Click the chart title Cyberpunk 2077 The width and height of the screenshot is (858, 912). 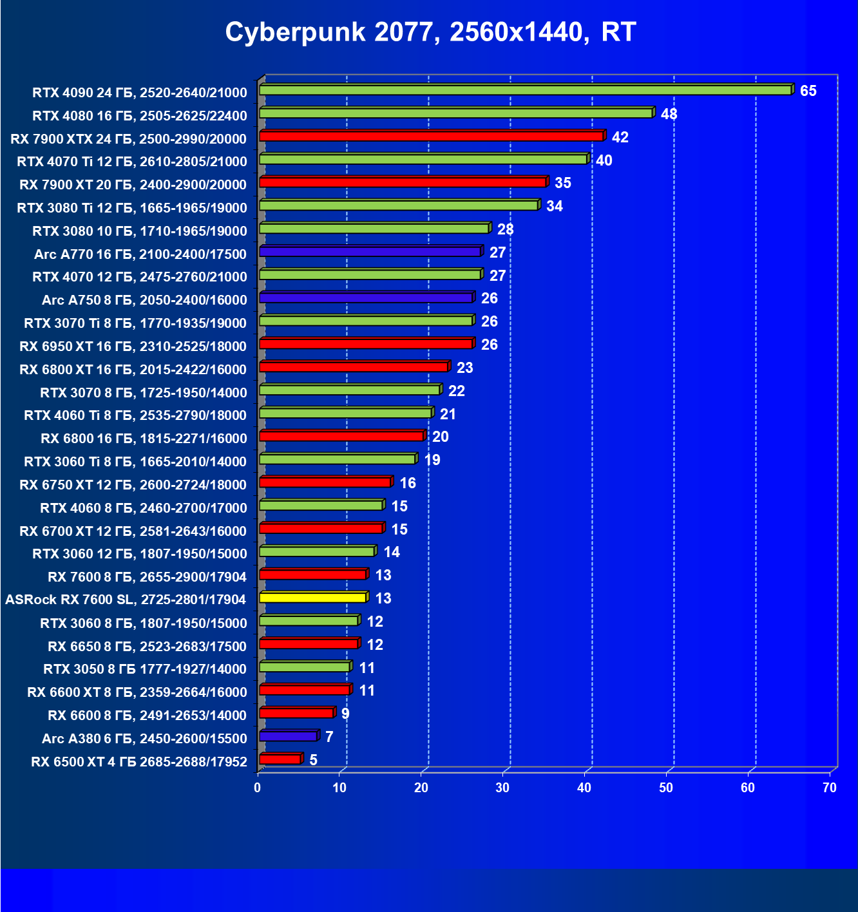pos(430,32)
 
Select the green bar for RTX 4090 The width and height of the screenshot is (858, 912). pos(525,90)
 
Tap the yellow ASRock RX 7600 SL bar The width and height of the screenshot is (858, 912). pos(312,598)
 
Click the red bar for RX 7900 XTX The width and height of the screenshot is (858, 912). pos(431,136)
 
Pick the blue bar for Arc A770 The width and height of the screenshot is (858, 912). pos(370,252)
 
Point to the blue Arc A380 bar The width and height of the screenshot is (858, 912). pos(288,736)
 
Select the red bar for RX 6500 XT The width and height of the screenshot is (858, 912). pos(280,759)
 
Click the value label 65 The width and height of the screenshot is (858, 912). pos(808,91)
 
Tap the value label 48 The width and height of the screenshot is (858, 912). pos(669,114)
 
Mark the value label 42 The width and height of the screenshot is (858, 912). pos(620,137)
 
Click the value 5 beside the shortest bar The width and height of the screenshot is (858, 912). pos(313,760)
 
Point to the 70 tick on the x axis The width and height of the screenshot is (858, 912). pos(830,788)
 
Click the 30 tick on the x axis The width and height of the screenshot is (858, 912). pos(502,788)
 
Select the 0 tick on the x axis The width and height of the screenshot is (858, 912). pos(258,788)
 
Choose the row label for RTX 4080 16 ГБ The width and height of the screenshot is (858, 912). pos(140,116)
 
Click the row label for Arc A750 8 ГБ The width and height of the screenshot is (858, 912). pos(144,300)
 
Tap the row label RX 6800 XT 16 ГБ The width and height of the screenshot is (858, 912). pos(133,370)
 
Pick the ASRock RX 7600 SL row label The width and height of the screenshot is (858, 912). pos(126,600)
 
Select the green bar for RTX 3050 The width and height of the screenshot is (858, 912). pos(304,667)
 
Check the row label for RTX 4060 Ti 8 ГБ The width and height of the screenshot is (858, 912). pos(135,415)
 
